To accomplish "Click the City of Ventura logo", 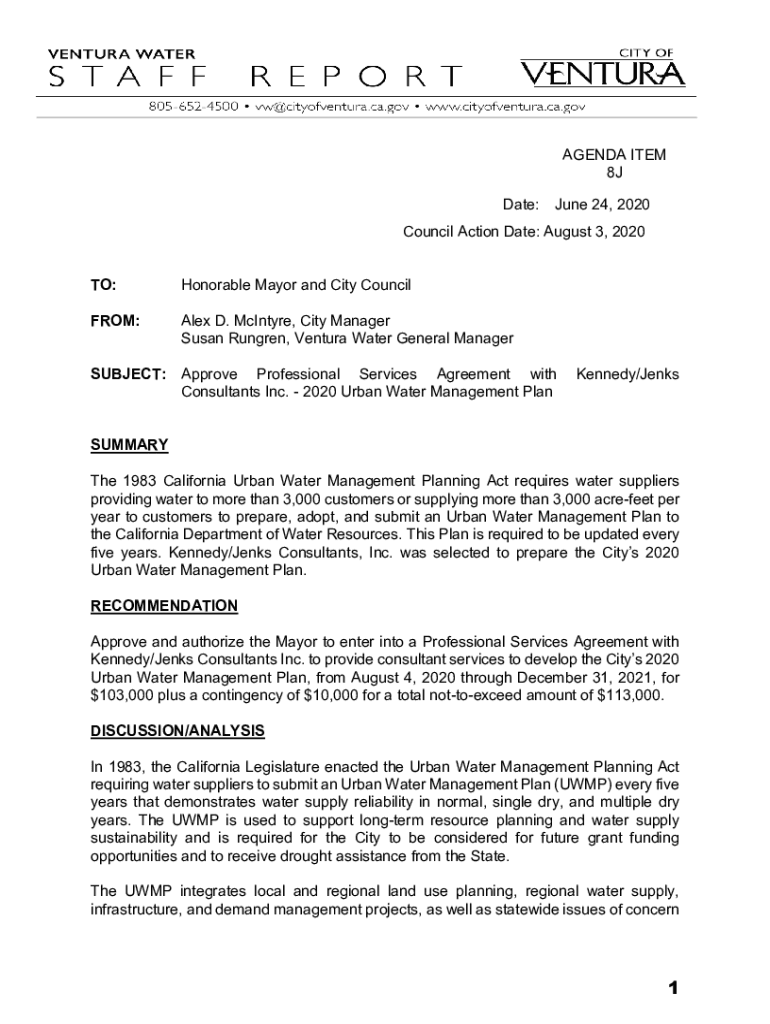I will tap(602, 68).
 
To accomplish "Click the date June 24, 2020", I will tap(602, 205).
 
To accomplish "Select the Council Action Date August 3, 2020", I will tap(594, 232).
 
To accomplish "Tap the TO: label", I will tap(103, 286).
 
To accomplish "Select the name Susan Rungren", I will tap(228, 339).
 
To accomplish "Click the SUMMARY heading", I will tap(129, 445).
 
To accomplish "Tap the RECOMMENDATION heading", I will tap(164, 606).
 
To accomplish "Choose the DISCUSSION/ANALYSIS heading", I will tap(177, 731).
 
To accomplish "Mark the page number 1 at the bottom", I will tap(674, 989).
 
